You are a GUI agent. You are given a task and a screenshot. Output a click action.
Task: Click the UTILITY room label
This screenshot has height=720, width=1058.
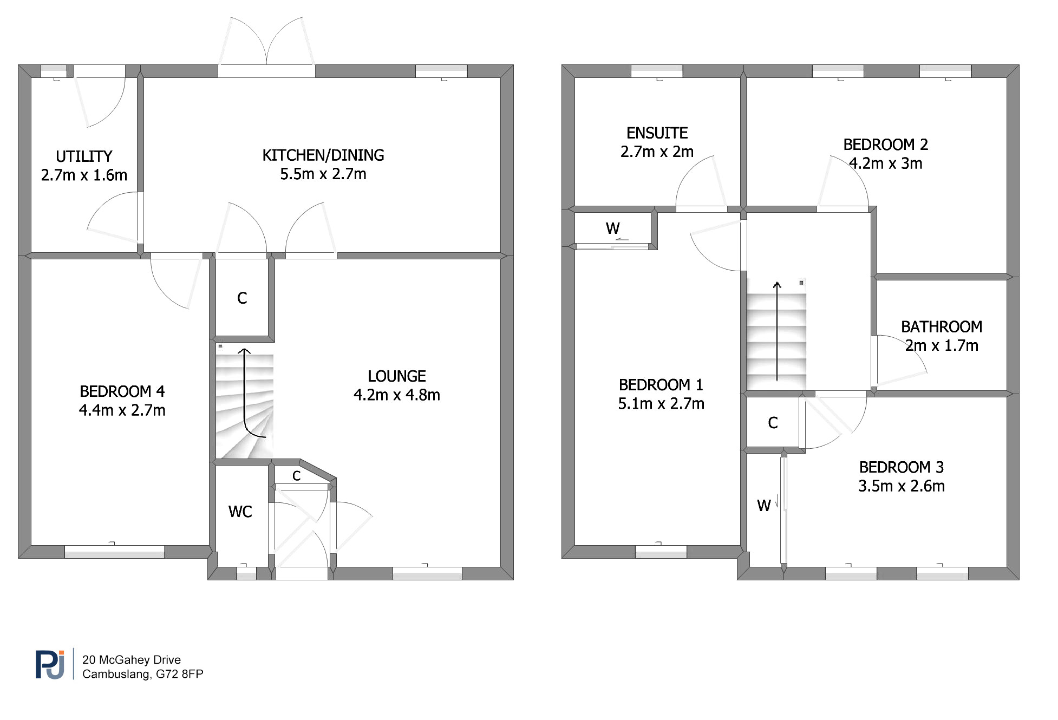coord(84,156)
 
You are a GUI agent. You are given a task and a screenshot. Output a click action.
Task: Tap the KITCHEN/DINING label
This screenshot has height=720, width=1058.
coord(323,155)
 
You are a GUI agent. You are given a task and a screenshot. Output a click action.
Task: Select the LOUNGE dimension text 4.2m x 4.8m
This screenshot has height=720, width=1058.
coord(397,395)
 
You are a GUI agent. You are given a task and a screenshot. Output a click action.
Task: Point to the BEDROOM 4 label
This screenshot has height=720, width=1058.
coord(122,391)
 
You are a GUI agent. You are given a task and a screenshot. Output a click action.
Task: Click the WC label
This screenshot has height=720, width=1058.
coord(240,512)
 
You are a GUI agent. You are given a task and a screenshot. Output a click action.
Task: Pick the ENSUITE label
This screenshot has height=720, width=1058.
coord(657,133)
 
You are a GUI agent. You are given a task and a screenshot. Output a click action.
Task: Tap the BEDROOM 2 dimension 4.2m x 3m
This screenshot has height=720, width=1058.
coord(886,163)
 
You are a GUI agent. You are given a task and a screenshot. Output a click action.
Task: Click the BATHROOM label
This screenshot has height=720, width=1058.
coord(942,327)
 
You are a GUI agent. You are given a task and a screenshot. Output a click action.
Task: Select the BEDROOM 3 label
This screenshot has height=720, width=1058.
coord(902,467)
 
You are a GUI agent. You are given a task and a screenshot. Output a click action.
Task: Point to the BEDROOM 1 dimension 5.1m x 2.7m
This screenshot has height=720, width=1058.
coord(661,404)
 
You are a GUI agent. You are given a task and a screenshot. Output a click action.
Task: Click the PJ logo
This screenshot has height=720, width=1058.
coord(50,664)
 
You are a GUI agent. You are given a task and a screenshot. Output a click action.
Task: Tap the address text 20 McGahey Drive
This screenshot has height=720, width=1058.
coord(132,660)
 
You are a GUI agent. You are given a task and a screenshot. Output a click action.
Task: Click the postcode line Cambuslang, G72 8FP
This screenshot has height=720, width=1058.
coord(143,675)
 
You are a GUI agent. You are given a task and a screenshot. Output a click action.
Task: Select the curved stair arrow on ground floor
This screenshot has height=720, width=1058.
coord(245,401)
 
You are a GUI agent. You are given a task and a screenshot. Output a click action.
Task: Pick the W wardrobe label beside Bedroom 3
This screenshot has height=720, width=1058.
coord(764,506)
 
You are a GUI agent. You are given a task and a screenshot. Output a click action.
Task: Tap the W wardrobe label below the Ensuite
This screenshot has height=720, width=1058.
coord(613,228)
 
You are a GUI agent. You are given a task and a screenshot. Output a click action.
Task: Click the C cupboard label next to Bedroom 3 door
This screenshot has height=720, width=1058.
coord(773,423)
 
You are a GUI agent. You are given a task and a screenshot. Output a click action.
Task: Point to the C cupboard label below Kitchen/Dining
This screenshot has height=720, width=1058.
coord(242,298)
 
